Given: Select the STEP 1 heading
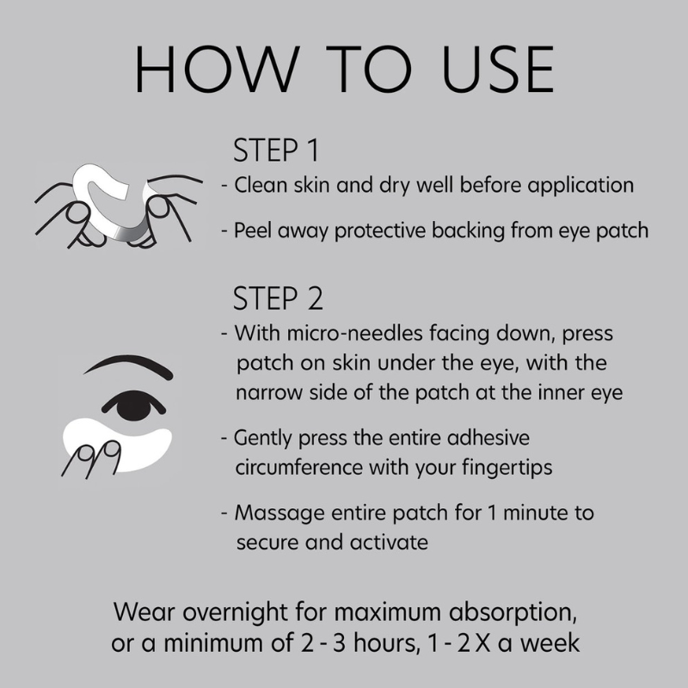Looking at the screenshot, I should (x=276, y=150).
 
